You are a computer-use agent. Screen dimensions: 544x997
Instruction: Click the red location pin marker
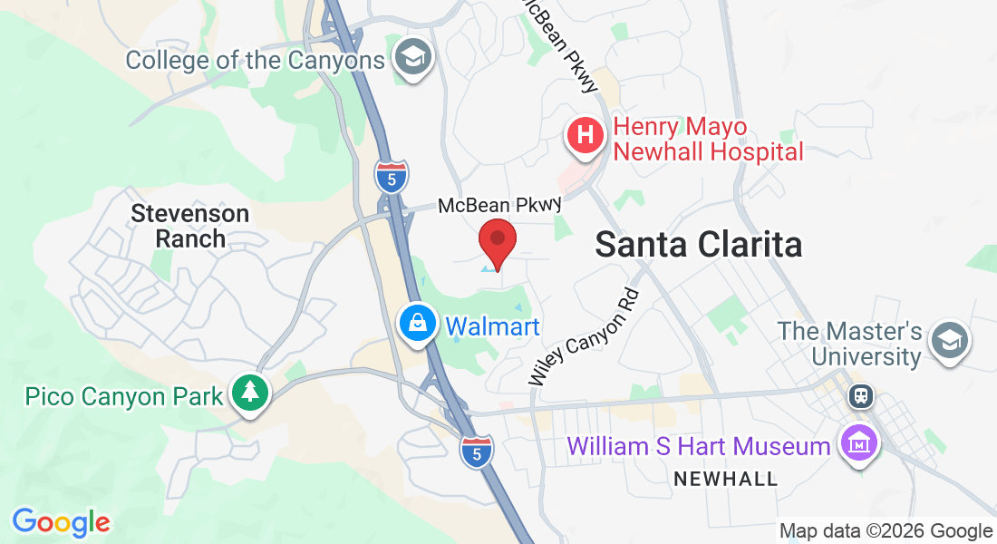(498, 242)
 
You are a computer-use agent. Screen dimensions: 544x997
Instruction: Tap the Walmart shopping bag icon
(418, 324)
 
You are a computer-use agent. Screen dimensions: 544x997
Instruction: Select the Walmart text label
(493, 326)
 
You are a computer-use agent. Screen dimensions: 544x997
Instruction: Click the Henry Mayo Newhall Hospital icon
(586, 136)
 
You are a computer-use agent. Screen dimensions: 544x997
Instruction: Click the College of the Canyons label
(255, 61)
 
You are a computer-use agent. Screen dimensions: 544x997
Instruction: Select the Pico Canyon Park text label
(124, 397)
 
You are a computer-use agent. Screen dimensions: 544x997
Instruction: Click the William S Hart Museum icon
(857, 443)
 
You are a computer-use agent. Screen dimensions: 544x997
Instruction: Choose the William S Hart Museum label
(699, 446)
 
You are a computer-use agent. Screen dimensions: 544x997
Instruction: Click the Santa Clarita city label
(699, 245)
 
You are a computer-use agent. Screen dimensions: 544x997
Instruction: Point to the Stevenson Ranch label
(189, 226)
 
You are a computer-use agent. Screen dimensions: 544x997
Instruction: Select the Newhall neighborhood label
(725, 479)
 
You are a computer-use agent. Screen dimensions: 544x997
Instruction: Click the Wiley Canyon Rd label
(585, 337)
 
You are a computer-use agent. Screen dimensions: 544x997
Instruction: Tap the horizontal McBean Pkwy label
(499, 206)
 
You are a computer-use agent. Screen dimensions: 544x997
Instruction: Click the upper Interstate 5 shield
(391, 175)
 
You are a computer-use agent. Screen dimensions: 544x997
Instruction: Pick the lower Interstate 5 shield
(477, 452)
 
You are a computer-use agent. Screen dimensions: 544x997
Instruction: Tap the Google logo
(61, 522)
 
